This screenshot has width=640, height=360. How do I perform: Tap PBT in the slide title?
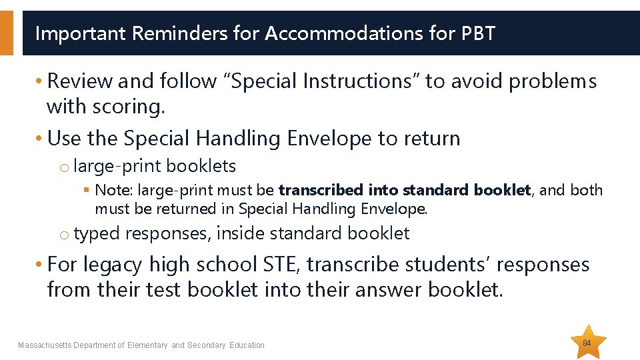tap(478, 33)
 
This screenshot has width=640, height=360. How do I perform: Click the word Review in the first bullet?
tap(81, 81)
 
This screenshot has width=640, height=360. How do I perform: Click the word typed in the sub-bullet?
tap(97, 233)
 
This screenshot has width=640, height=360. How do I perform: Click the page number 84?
tap(587, 343)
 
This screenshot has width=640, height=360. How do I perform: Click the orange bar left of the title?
tap(6, 33)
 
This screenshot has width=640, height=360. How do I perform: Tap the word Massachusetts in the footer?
tap(44, 345)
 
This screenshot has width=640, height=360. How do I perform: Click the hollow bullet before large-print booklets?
tap(64, 167)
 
